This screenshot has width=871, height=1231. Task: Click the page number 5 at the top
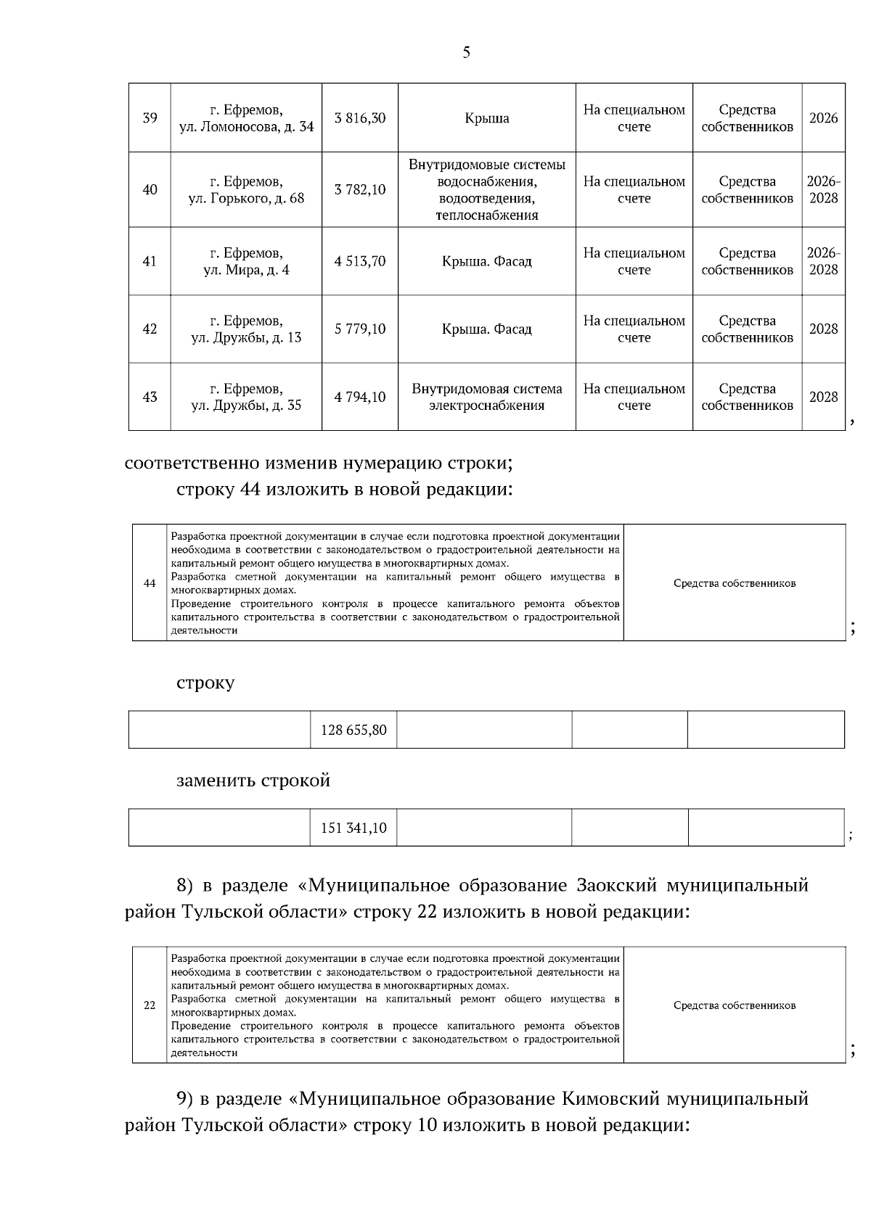tap(466, 52)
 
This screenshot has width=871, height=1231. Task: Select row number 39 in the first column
tap(150, 118)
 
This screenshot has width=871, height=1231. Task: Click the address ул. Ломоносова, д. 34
tap(246, 127)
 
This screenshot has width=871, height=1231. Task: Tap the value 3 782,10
tap(360, 190)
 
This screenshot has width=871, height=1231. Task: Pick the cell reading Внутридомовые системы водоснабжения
tap(486, 189)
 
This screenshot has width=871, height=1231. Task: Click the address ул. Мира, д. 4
tap(246, 270)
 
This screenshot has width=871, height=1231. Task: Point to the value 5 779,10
tap(360, 329)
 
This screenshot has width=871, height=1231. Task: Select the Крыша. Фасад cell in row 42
tap(486, 329)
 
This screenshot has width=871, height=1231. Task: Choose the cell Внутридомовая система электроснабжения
tap(486, 397)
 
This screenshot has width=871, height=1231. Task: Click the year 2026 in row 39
tap(823, 118)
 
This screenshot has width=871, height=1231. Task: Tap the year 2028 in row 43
tap(823, 397)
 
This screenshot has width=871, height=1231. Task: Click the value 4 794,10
tap(360, 397)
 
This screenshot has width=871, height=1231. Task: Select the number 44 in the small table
tap(150, 583)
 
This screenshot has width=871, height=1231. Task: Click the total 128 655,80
tap(353, 730)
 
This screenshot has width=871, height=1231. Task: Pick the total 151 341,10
tap(353, 828)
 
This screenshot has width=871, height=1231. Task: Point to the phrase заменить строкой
tap(253, 781)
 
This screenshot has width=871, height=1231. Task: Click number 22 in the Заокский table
tap(150, 1005)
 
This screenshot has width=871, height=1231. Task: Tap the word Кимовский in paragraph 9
tap(610, 1099)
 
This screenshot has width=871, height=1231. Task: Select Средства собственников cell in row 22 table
tap(734, 1005)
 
